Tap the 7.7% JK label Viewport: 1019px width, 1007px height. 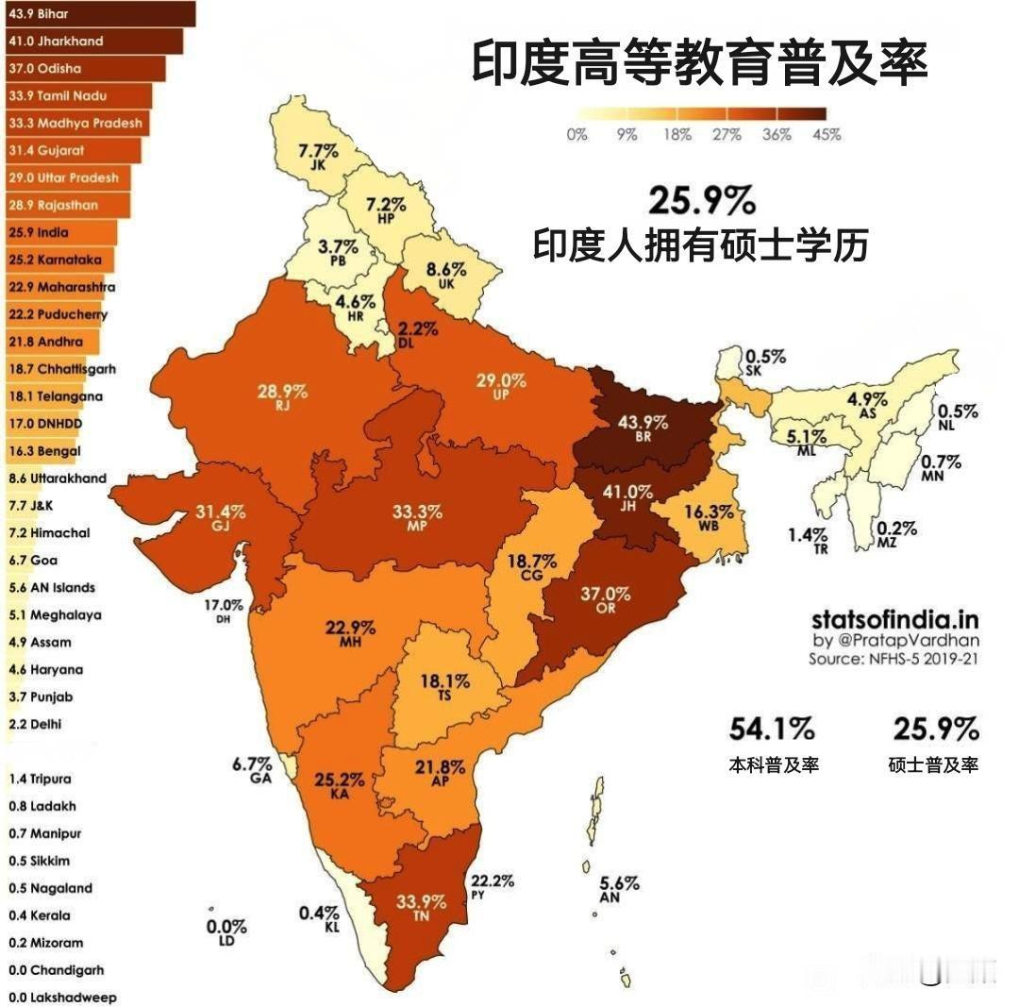tap(317, 157)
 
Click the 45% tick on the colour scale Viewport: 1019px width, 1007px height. tap(827, 135)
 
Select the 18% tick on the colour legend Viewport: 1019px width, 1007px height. tap(677, 135)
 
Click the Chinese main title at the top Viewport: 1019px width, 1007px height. tap(699, 64)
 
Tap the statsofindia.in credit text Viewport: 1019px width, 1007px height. tap(894, 620)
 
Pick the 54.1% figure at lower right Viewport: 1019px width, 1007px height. tap(771, 729)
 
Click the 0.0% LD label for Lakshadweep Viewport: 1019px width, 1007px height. tap(226, 932)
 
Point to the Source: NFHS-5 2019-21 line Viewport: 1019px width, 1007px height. tap(893, 659)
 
